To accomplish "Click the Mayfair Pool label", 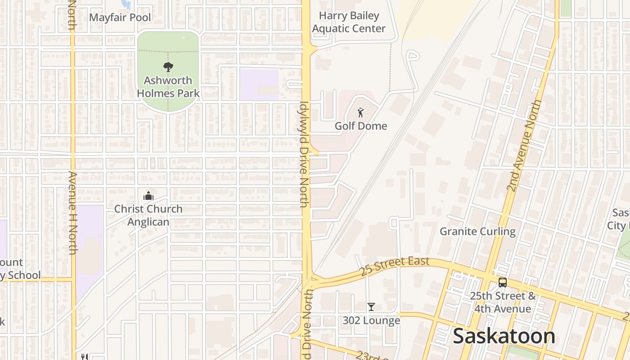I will [120, 18].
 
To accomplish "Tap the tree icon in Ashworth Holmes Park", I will [168, 67].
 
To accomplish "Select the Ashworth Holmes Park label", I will [168, 87].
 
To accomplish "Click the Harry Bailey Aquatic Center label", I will [349, 22].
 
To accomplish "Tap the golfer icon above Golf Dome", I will [360, 112].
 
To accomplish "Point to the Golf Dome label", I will [360, 126].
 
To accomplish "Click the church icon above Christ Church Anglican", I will [148, 196].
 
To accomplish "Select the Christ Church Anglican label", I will [148, 215].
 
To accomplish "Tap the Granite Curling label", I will [477, 231].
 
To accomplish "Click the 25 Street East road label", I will [395, 266].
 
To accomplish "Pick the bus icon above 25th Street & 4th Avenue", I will [503, 283].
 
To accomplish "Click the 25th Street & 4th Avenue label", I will [503, 302].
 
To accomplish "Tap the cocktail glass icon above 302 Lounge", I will [371, 307].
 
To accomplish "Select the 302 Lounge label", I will [371, 320].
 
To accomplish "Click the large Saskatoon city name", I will [504, 336].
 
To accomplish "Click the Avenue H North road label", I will [72, 212].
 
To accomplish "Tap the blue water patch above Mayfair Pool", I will [126, 4].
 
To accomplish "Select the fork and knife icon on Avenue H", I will [84, 356].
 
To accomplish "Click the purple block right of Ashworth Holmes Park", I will [259, 84].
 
